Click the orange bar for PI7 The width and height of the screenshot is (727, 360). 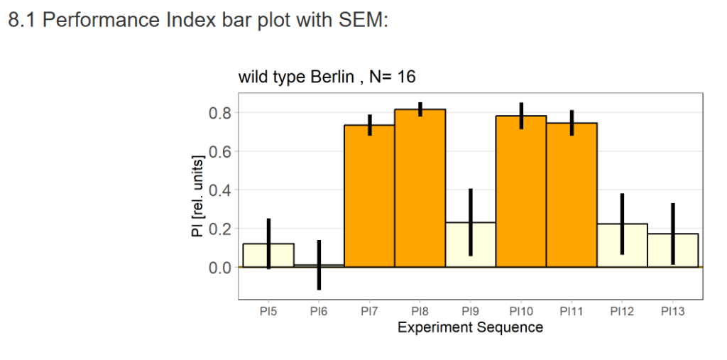pos(369,199)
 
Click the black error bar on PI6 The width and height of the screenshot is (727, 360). pos(319,264)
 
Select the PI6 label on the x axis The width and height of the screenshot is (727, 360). pos(319,312)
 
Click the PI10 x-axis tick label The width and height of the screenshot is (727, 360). pos(520,312)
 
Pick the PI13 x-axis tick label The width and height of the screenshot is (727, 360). pos(672,312)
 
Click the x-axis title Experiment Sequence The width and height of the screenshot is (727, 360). pos(470,327)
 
